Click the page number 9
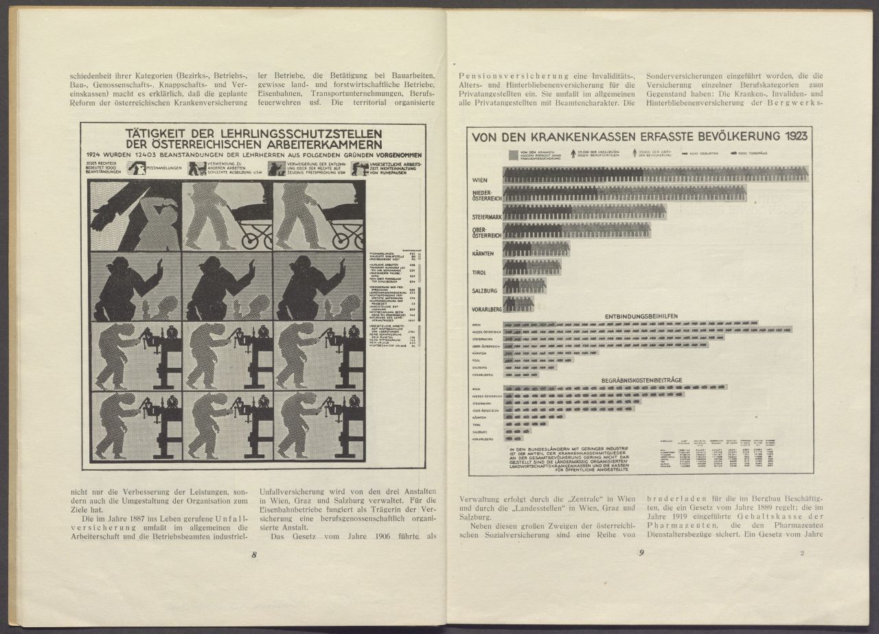641,554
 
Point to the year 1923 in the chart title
787,137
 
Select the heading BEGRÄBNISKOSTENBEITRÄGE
642,379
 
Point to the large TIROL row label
481,272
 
